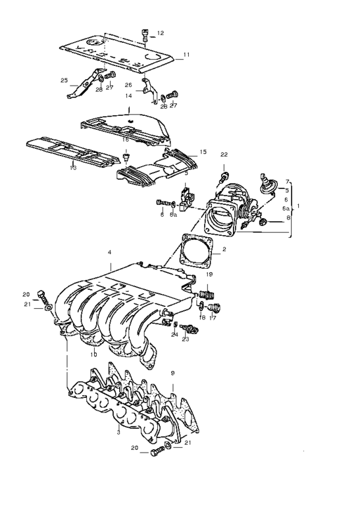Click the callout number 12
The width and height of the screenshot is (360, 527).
[161, 32]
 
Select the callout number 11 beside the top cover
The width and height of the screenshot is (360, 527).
[186, 54]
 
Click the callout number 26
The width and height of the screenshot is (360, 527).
[128, 85]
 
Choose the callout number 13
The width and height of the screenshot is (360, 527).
[73, 168]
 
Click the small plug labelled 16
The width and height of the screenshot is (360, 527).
[126, 159]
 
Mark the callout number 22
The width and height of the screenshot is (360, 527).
[223, 155]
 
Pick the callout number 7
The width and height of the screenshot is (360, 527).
[287, 180]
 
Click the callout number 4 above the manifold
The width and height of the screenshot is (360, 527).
[109, 253]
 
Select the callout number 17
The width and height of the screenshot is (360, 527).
[213, 318]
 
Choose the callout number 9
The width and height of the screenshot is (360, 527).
[173, 373]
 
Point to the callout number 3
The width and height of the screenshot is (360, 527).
[118, 431]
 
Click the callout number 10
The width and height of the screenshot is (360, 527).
[93, 354]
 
